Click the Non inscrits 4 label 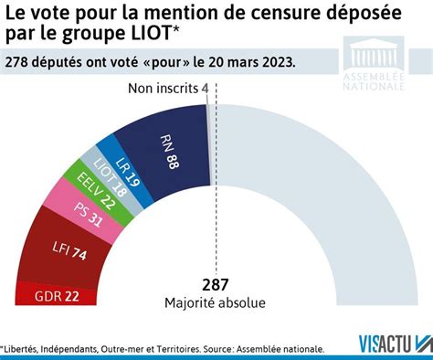point(167,89)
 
